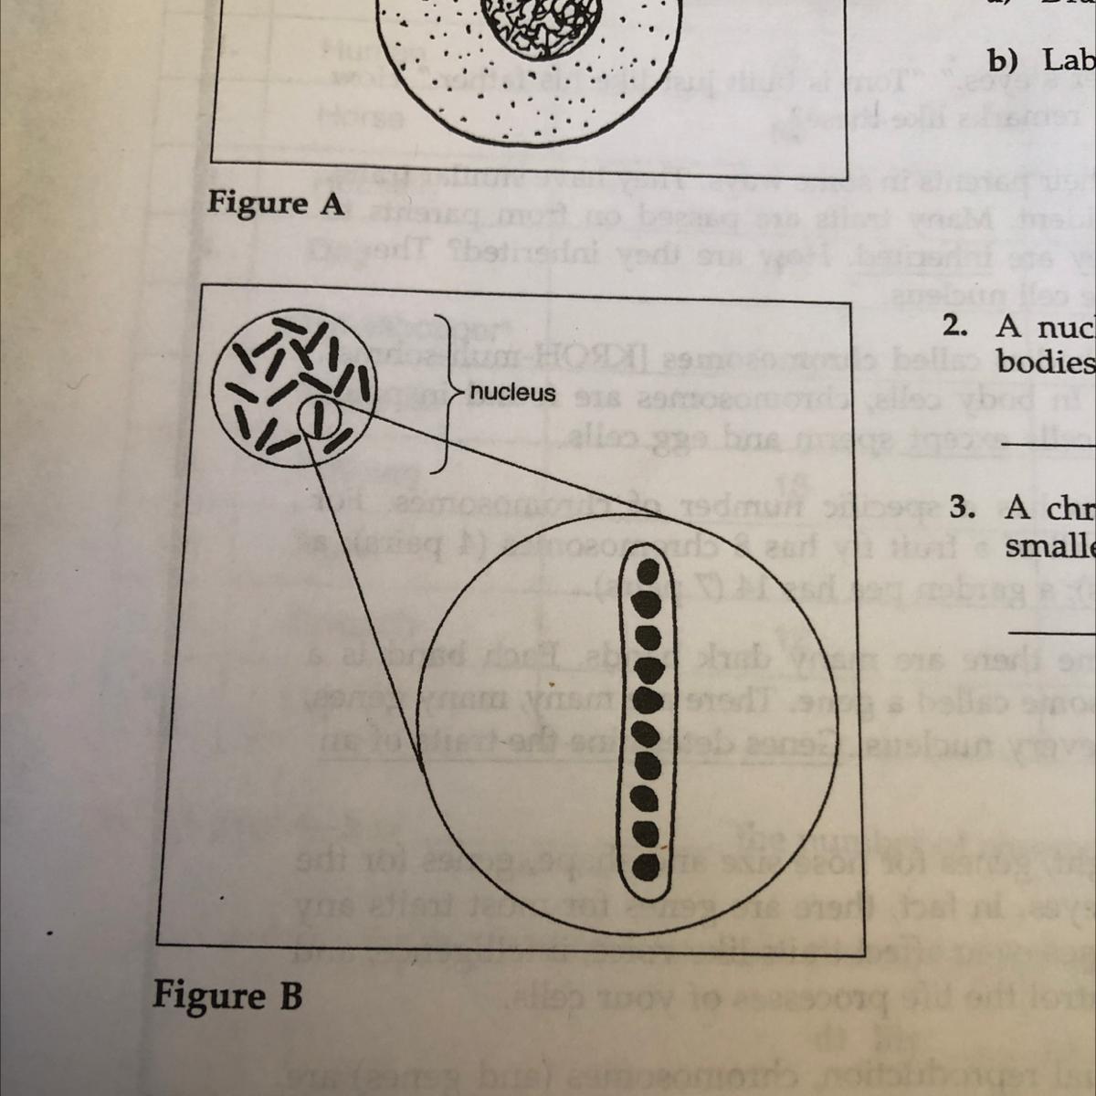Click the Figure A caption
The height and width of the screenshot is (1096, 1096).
(276, 203)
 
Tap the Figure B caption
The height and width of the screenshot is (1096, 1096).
(227, 995)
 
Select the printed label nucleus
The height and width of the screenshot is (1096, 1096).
(512, 393)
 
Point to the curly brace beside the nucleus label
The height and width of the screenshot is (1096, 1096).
(446, 393)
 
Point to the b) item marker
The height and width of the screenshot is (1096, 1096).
(1002, 60)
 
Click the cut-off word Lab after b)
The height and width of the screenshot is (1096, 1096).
(1070, 60)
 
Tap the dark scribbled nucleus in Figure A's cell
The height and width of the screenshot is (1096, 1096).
(536, 23)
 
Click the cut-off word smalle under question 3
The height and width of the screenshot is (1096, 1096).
(1050, 546)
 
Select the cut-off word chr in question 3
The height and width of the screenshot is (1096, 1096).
(1050, 509)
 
